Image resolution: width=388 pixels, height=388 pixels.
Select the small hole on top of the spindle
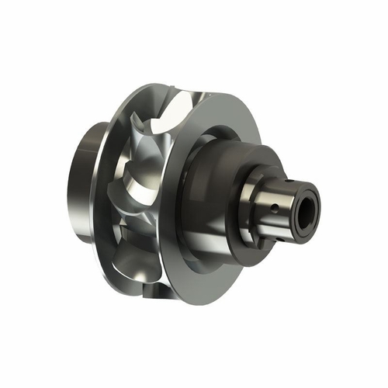tap(286, 177)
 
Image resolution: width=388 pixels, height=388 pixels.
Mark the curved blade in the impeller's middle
tap(144, 186)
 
